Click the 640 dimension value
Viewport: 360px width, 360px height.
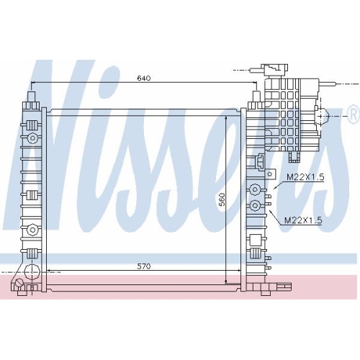[144, 78]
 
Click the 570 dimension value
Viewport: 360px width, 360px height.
[144, 266]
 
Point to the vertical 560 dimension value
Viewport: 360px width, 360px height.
[222, 199]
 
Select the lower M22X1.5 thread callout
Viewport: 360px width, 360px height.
[303, 220]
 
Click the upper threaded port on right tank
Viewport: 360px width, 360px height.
[255, 189]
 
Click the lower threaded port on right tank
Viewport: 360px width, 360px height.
[255, 205]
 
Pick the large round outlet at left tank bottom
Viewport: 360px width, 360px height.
[32, 272]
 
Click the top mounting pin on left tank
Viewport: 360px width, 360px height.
[32, 96]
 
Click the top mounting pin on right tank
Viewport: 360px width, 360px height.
[256, 96]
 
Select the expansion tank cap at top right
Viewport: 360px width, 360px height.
[274, 70]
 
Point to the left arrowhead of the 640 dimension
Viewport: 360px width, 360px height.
[34, 82]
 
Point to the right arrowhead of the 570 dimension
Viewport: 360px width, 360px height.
[238, 271]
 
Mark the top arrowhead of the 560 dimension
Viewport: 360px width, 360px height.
[226, 118]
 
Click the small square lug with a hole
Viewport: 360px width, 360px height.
[270, 174]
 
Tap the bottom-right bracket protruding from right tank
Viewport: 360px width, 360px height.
[284, 286]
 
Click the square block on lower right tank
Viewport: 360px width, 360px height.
[255, 240]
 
